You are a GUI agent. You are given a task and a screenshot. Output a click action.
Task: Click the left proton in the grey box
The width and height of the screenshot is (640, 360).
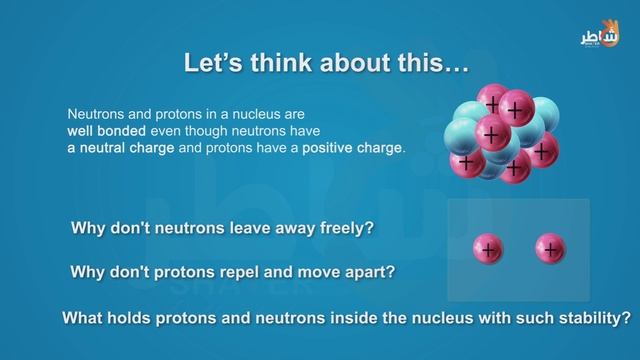487,248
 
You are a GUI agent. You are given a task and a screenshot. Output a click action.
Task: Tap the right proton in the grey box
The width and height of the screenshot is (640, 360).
549,248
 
